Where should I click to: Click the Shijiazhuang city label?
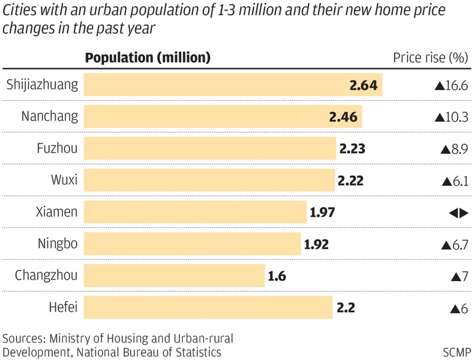click(x=43, y=85)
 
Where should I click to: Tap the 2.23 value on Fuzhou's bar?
click(x=352, y=149)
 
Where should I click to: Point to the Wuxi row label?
click(x=64, y=180)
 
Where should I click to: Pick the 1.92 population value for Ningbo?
click(x=316, y=244)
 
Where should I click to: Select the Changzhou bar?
click(x=174, y=276)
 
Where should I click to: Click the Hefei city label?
click(x=63, y=307)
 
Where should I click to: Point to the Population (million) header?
click(x=148, y=58)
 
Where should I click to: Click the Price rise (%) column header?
click(x=430, y=58)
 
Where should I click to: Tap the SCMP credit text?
click(x=456, y=351)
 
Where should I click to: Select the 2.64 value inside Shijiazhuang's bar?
click(x=363, y=85)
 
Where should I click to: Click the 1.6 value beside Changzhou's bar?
click(x=277, y=277)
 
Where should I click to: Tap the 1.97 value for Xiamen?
click(x=322, y=213)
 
